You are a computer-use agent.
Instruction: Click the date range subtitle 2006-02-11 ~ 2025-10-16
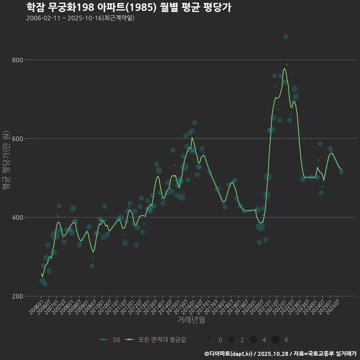click(x=80, y=18)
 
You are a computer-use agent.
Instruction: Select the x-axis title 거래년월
click(x=191, y=320)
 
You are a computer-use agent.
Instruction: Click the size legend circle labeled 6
click(x=275, y=340)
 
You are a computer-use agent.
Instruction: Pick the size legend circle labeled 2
click(x=231, y=340)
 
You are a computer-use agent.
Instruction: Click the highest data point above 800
click(x=286, y=37)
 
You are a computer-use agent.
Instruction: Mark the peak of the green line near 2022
click(x=285, y=69)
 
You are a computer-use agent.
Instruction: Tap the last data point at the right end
click(x=341, y=172)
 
